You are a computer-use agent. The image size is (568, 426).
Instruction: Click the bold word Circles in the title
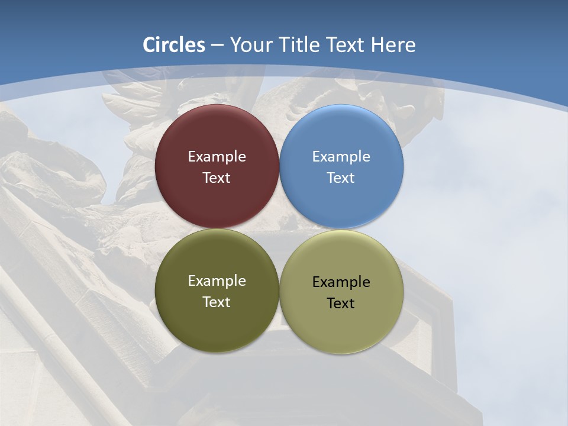click(174, 45)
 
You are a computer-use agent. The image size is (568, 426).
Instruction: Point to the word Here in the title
click(393, 45)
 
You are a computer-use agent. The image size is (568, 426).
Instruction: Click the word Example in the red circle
click(217, 156)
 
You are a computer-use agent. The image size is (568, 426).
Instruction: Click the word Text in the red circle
click(217, 177)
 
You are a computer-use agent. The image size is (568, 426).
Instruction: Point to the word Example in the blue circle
click(341, 156)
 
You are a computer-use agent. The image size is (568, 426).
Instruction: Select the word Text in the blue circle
click(341, 177)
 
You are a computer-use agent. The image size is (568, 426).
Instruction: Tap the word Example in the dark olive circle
click(217, 280)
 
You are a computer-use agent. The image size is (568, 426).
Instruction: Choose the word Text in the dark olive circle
click(217, 302)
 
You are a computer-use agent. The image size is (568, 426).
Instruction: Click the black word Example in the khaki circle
click(341, 282)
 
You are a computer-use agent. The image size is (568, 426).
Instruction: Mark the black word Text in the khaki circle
click(341, 303)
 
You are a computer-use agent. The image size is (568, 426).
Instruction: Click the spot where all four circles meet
click(279, 229)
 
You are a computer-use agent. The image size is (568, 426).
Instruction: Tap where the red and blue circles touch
click(279, 166)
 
